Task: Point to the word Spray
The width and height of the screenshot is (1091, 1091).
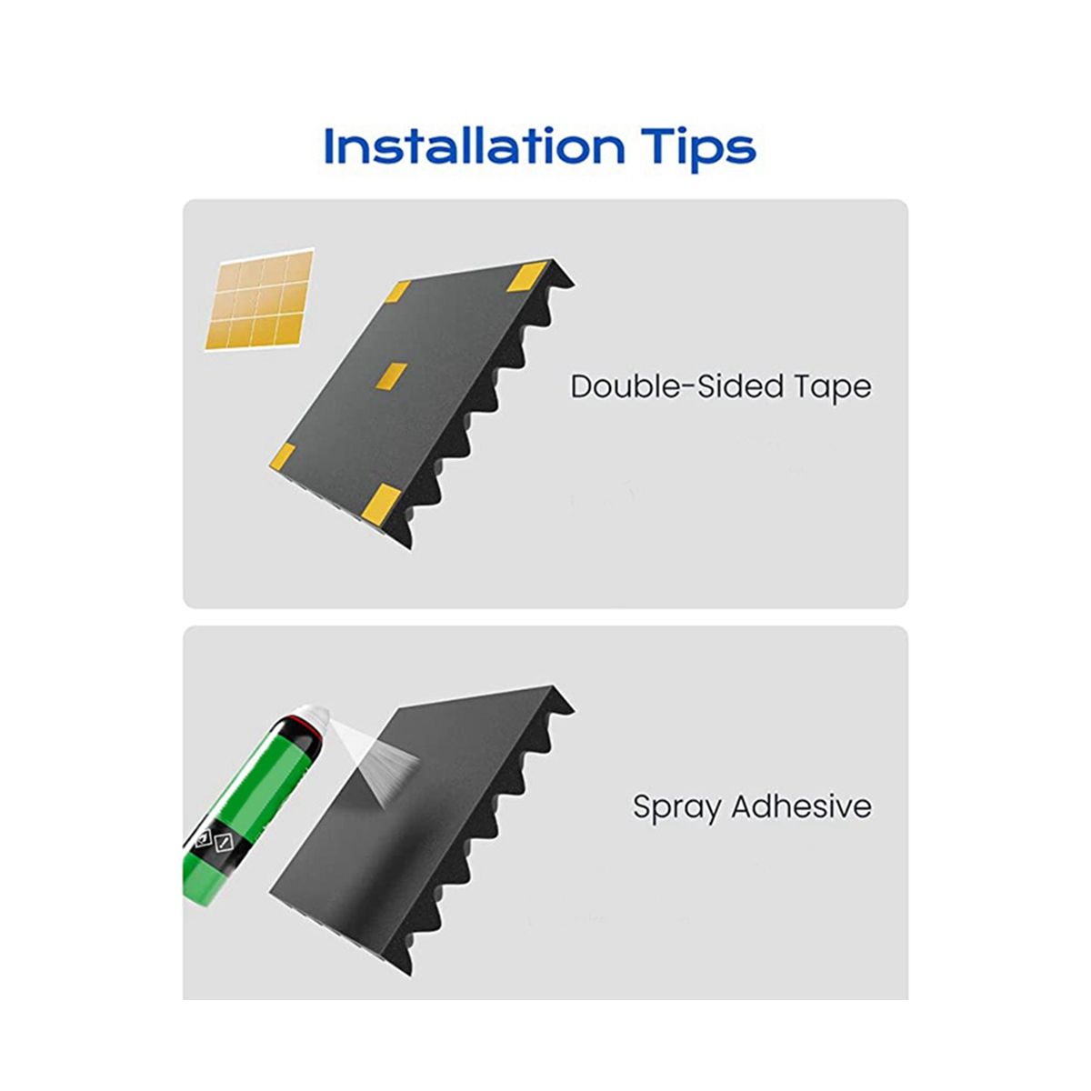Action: coord(676,808)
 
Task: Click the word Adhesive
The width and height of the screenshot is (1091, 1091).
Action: coord(802,806)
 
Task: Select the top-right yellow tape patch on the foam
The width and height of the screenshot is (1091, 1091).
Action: coord(526,277)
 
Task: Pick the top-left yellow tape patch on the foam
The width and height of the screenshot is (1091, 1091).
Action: coord(397,291)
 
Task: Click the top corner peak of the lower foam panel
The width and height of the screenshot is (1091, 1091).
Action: coord(553,686)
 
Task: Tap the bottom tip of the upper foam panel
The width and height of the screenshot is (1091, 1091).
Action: coord(410,548)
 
